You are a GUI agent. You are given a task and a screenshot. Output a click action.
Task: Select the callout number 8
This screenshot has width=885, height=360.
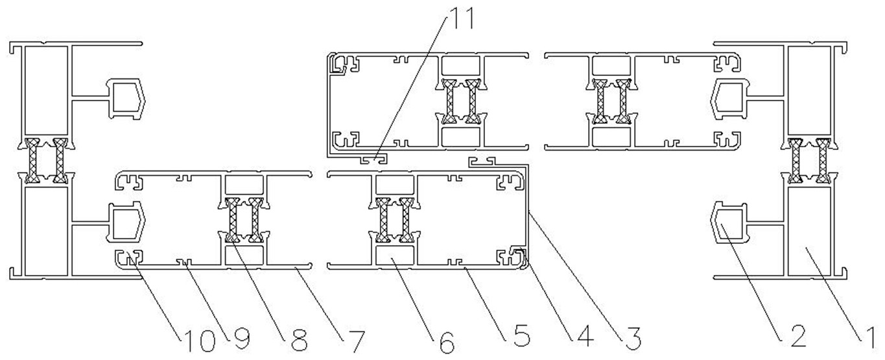(298, 337)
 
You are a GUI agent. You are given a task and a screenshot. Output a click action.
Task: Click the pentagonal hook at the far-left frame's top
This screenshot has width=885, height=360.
(128, 97)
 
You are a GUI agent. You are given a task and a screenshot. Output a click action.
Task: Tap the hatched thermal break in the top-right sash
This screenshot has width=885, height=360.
(613, 101)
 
